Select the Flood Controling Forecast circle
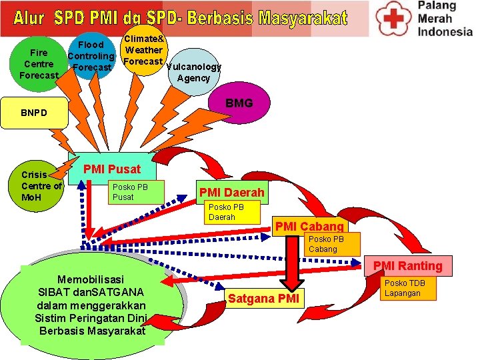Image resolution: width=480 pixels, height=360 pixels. click(x=91, y=56)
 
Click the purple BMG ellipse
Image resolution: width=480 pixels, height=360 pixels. click(x=239, y=103)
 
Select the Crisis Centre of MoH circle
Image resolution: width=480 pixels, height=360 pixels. click(x=41, y=186)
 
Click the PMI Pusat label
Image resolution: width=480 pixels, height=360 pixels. click(x=111, y=170)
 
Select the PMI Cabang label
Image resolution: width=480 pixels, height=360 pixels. click(x=309, y=226)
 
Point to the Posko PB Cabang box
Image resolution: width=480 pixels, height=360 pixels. click(x=331, y=244)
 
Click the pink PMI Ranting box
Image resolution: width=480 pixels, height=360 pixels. click(x=407, y=265)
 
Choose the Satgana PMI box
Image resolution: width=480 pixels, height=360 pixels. click(x=265, y=298)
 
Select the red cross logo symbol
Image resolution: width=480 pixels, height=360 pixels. click(x=393, y=19)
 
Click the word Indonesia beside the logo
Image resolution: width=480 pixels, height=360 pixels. click(x=445, y=31)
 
